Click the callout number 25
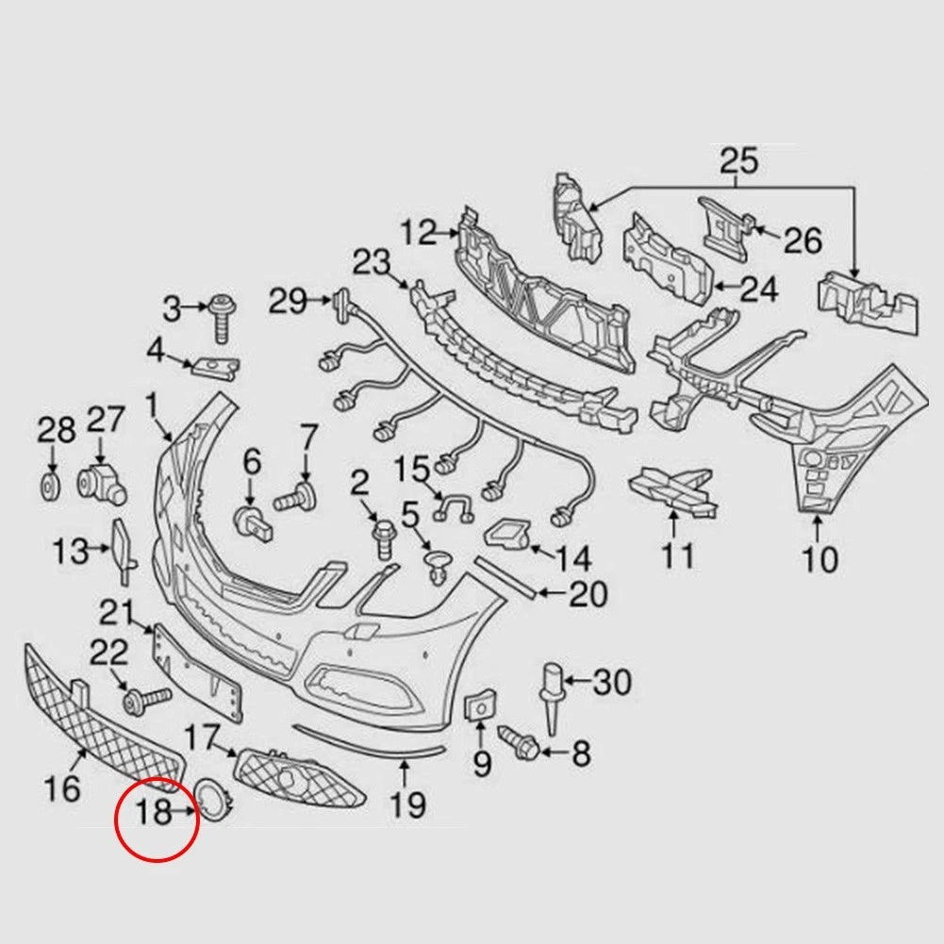click(738, 160)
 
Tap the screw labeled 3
click(223, 319)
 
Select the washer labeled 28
click(50, 487)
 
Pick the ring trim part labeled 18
click(212, 800)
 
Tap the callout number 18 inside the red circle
click(154, 812)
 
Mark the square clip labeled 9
click(480, 705)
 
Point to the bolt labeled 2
click(382, 538)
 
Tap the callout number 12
click(419, 232)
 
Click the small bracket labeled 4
click(215, 368)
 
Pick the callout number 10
click(820, 559)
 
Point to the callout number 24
click(759, 289)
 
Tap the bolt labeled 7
click(296, 497)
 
